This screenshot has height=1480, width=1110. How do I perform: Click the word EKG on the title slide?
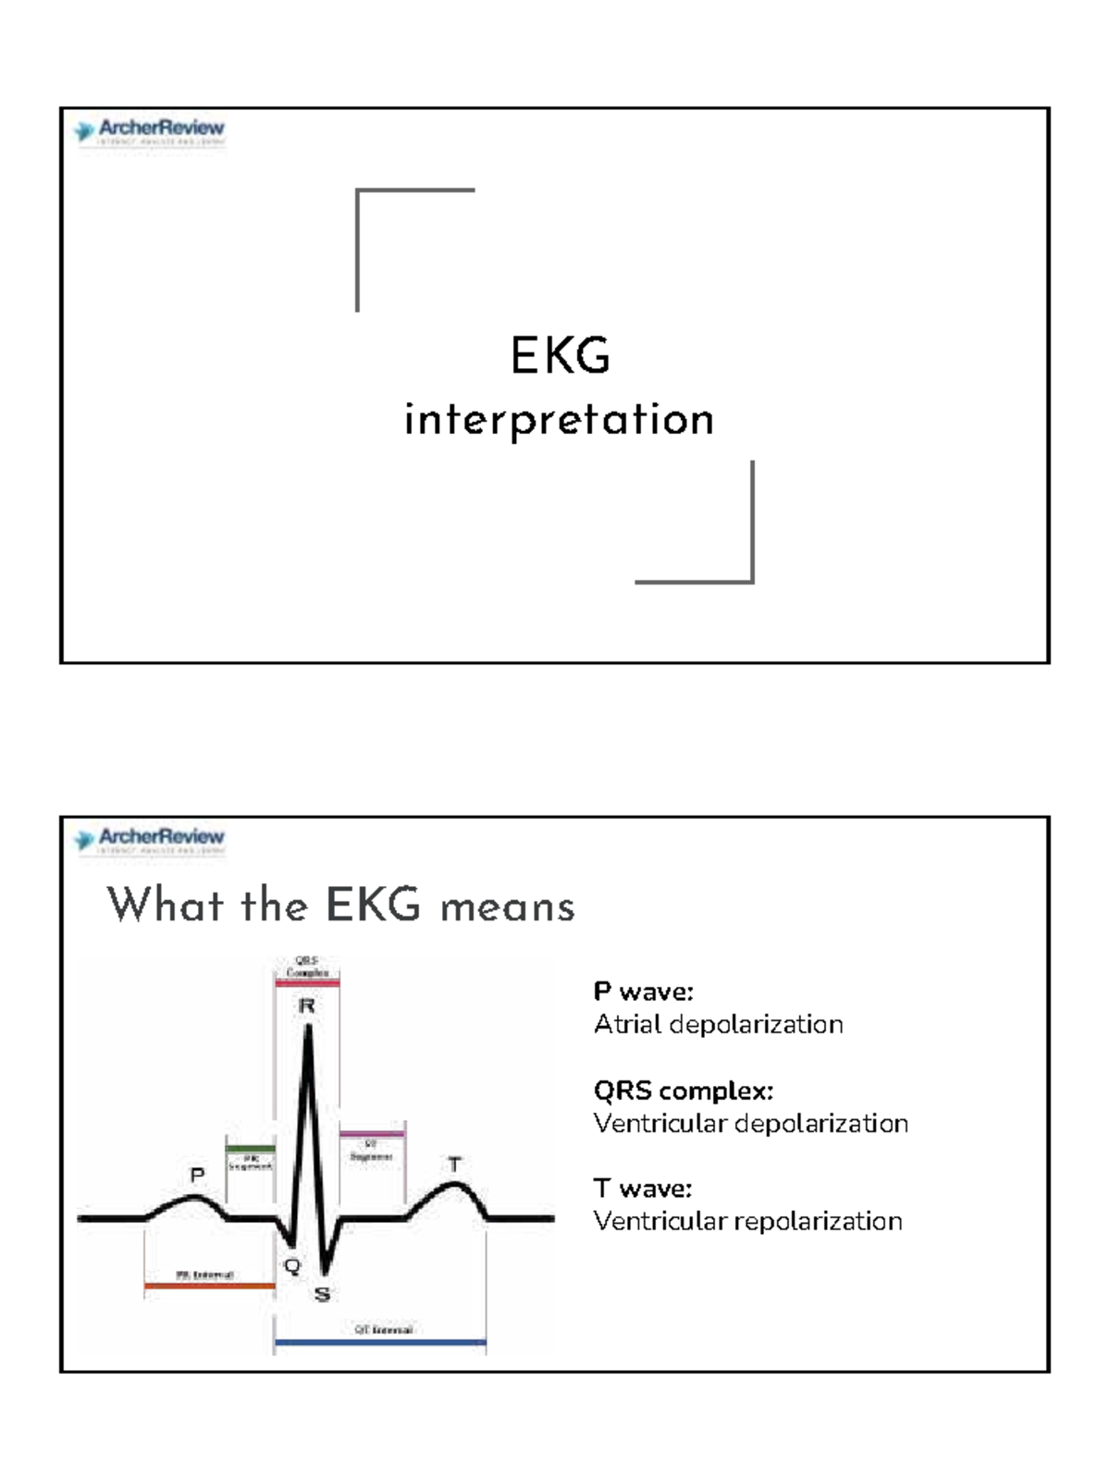(x=561, y=356)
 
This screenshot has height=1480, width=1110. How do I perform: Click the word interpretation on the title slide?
(x=559, y=421)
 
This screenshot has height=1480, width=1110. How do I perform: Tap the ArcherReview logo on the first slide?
(x=150, y=131)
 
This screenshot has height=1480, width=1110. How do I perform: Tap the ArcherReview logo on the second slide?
(x=150, y=840)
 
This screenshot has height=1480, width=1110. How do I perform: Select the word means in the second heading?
(x=508, y=906)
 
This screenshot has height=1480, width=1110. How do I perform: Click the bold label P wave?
(x=643, y=992)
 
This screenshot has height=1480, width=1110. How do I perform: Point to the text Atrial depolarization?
(x=718, y=1025)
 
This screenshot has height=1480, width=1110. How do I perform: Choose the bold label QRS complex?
(x=683, y=1091)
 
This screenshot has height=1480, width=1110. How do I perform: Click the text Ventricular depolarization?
(x=750, y=1124)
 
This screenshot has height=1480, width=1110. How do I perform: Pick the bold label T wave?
(x=642, y=1189)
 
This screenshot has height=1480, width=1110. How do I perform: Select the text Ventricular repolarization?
(x=747, y=1222)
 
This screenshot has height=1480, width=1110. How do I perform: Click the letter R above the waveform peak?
(x=307, y=1005)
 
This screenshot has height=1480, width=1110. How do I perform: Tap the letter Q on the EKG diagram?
(x=292, y=1266)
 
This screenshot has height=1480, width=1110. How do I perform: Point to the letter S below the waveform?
(x=322, y=1294)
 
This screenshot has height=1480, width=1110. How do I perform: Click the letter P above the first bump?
(x=197, y=1176)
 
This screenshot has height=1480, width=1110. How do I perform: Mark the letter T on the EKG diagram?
(x=454, y=1165)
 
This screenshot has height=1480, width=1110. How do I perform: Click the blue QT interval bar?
(x=380, y=1341)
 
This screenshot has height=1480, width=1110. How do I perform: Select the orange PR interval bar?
(x=209, y=1286)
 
